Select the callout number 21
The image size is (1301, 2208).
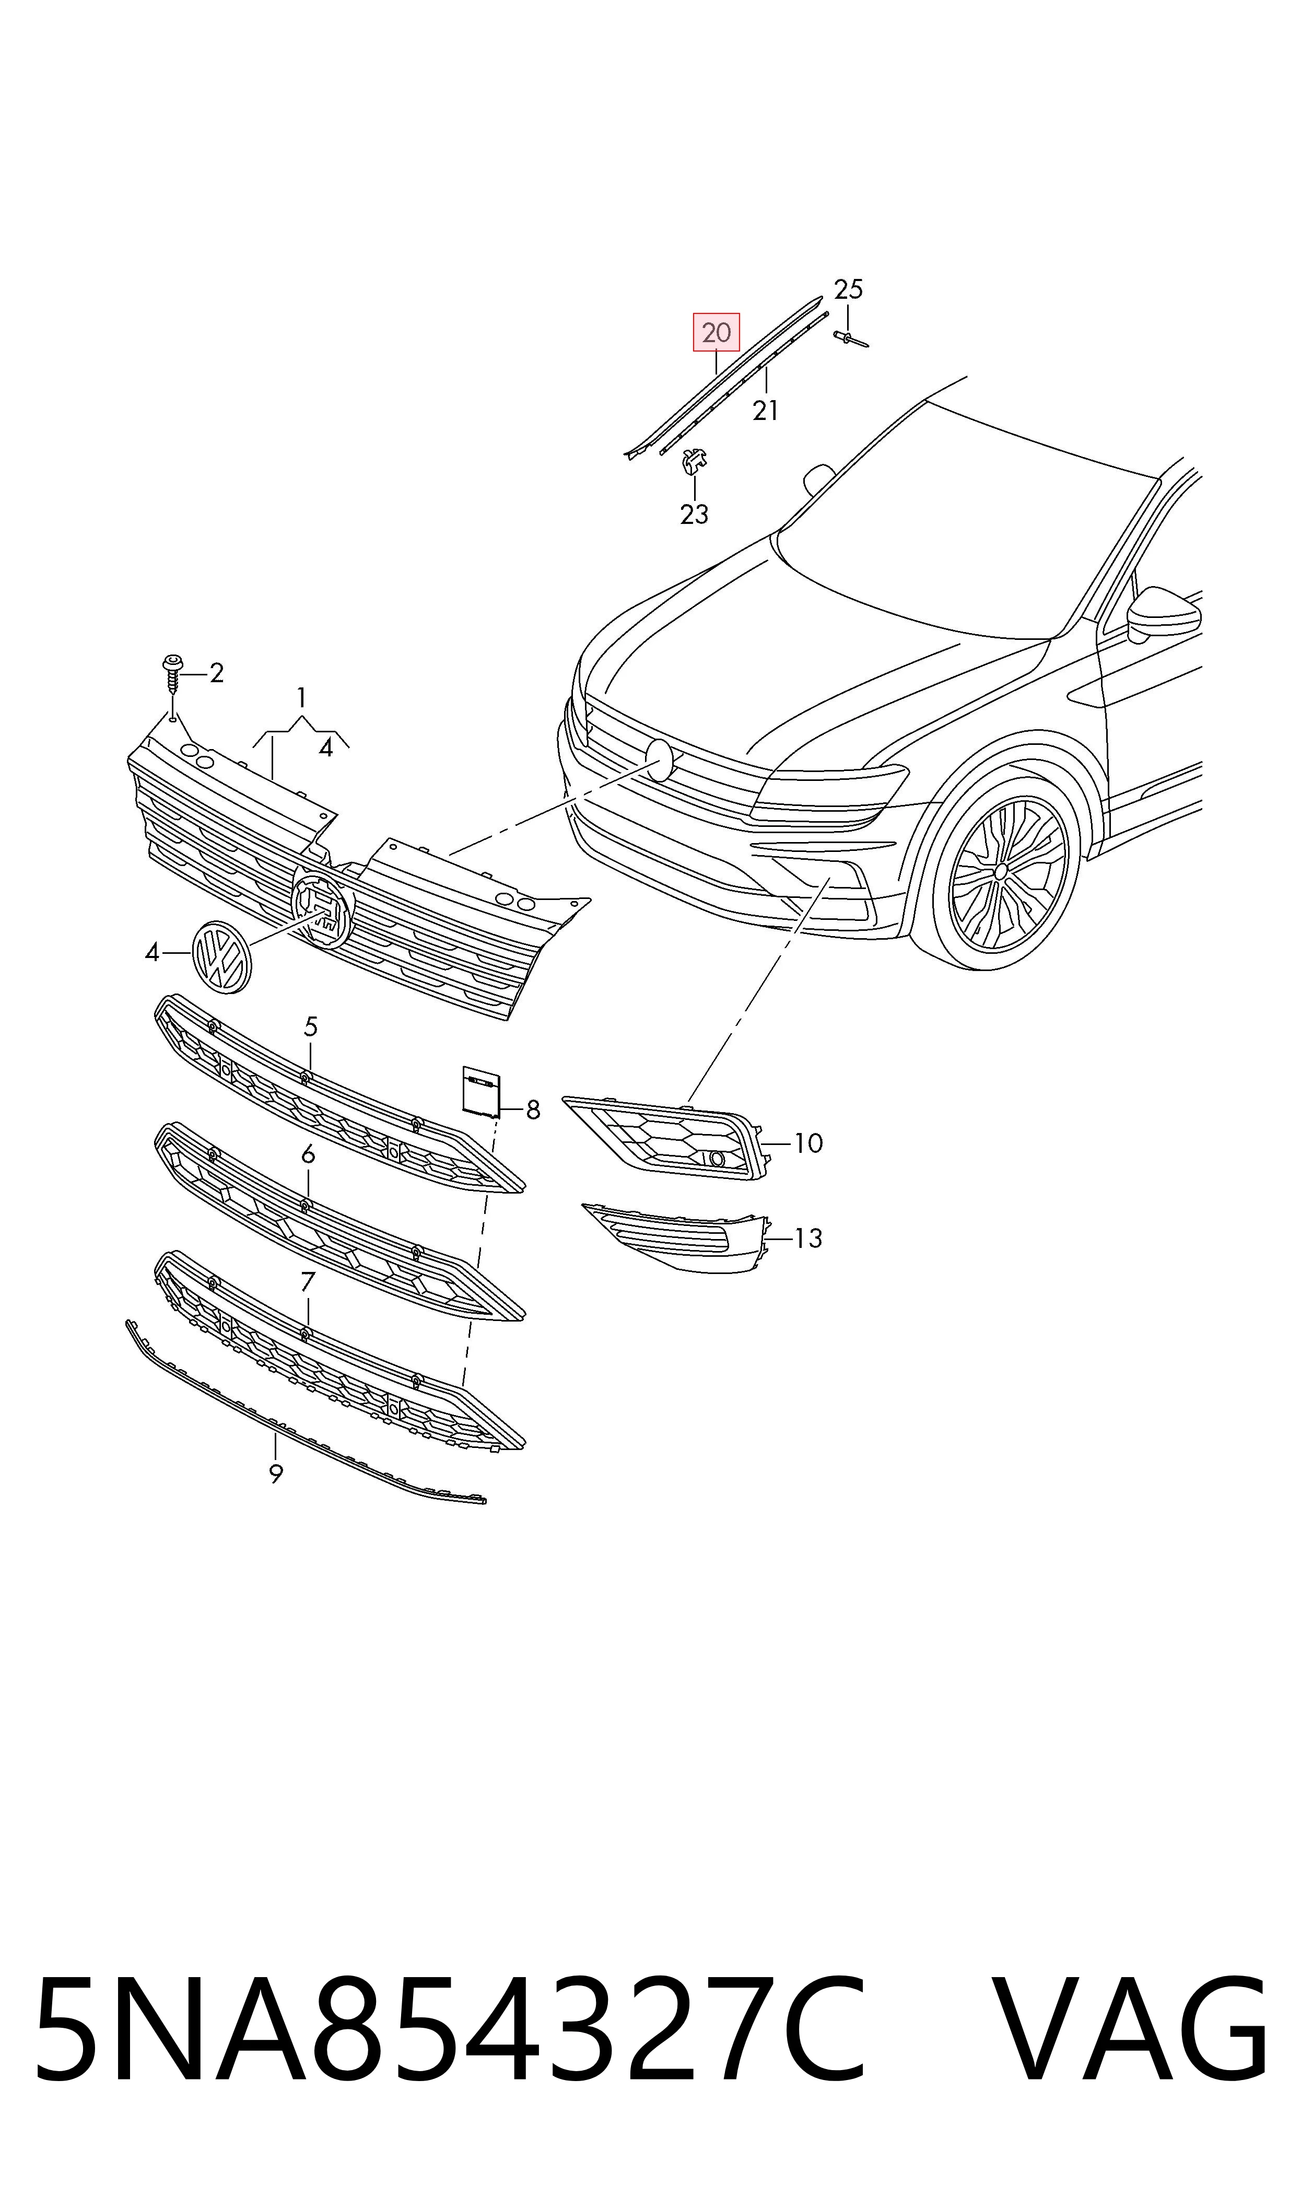pos(765,410)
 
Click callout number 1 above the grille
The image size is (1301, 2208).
pos(301,698)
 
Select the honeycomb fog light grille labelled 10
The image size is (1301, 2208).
pos(664,1137)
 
